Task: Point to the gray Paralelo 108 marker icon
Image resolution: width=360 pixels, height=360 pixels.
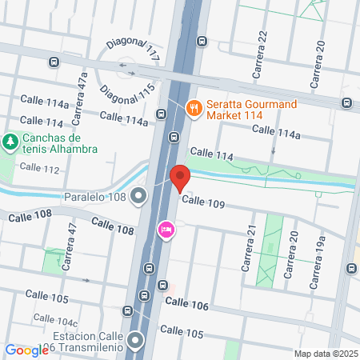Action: (139, 195)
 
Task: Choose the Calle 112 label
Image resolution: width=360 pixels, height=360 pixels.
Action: (39, 168)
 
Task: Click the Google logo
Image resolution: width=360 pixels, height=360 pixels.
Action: (26, 350)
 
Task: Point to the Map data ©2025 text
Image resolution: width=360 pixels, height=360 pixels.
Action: (324, 354)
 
